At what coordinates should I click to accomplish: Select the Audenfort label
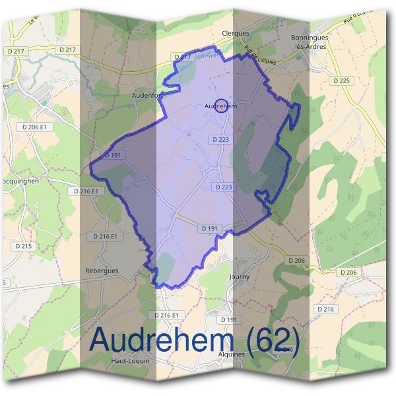coord(148,96)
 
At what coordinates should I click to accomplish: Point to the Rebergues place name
coord(101,271)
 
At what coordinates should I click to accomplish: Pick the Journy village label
coord(239,277)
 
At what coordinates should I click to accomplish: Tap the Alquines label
coord(231,354)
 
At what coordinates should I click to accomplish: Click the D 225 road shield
coord(342,81)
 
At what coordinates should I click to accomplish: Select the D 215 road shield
coord(22,246)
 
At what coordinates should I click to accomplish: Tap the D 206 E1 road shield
coord(35,127)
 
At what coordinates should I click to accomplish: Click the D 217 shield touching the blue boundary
coord(182,57)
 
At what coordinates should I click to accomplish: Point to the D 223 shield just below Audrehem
coord(222,139)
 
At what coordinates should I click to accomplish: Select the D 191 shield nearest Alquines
coord(229,319)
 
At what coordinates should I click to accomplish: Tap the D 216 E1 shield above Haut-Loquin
coord(166,315)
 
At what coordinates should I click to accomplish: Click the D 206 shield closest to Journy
coord(297,261)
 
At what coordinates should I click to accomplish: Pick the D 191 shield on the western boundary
coord(112,155)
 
